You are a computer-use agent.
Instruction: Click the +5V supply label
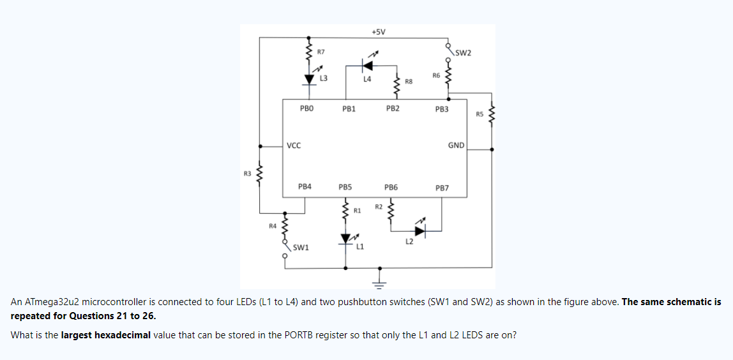coord(378,32)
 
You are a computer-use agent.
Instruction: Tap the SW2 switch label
coord(464,52)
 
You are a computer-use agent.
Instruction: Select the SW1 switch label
coord(301,247)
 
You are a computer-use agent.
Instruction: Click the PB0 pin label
coord(306,109)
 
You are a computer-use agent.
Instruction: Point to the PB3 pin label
coord(442,109)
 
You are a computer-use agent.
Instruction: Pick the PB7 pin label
coord(442,188)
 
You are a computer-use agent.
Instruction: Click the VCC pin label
coord(294,146)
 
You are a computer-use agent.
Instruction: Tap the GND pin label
coord(456,146)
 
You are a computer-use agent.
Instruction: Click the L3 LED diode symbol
coord(310,79)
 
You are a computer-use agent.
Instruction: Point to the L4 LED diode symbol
coord(367,65)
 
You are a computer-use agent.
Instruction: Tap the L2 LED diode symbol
coord(419,230)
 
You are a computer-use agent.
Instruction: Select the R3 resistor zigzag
coord(259,173)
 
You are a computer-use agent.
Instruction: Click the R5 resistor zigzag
coord(492,116)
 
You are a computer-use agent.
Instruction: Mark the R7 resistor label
coord(321,51)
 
